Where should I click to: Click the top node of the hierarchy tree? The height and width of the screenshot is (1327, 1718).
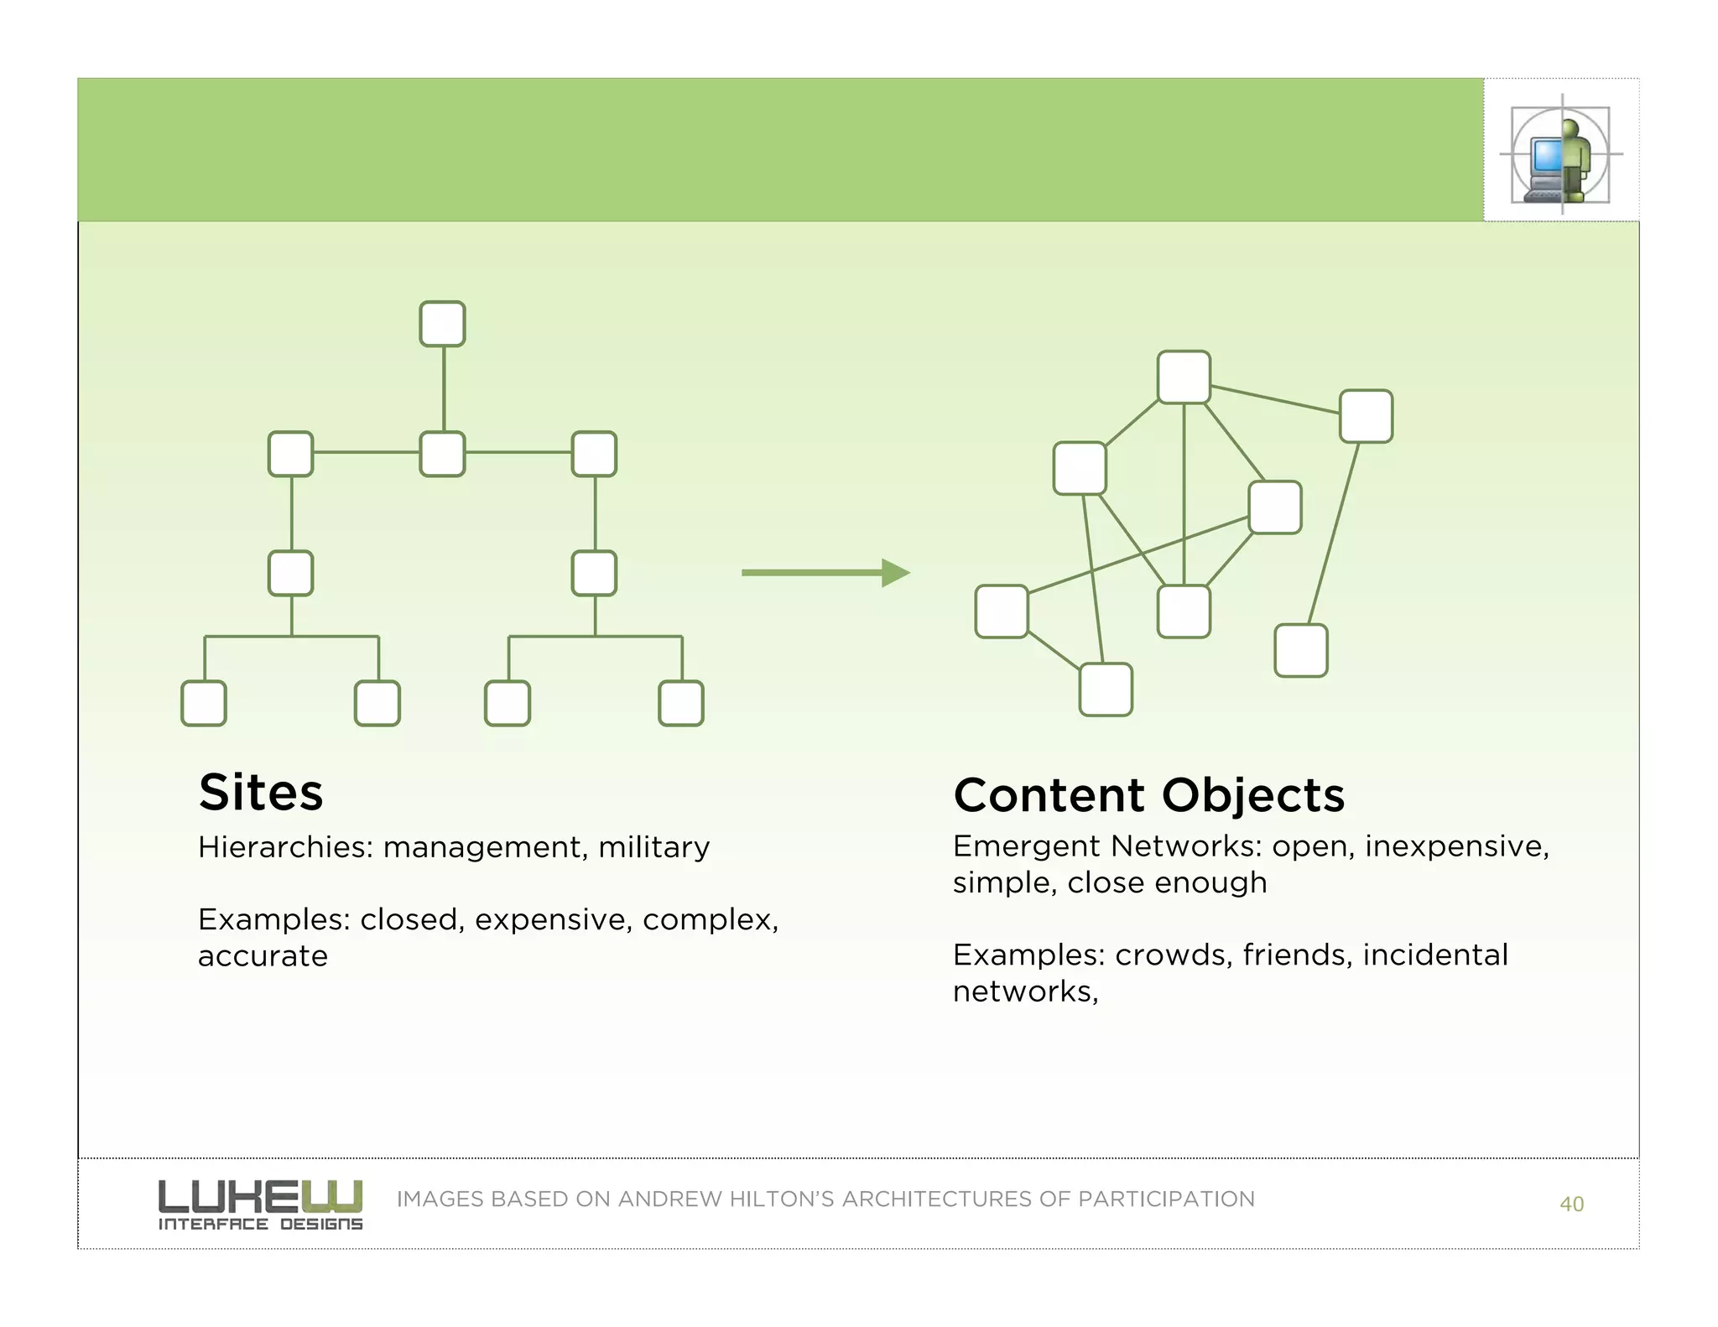point(442,324)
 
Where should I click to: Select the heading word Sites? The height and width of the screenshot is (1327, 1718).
point(261,792)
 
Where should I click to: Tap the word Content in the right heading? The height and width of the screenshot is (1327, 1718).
point(1049,795)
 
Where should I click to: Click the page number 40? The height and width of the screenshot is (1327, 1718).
point(1571,1205)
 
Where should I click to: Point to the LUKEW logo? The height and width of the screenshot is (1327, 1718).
point(260,1205)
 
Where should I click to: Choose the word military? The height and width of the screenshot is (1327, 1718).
point(653,847)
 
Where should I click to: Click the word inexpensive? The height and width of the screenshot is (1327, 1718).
point(1456,846)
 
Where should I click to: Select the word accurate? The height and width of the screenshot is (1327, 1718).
point(263,956)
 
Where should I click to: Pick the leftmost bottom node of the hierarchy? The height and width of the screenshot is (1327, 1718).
point(204,703)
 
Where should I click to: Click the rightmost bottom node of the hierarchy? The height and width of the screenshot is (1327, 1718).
point(680,703)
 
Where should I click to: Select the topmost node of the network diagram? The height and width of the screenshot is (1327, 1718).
point(1184,377)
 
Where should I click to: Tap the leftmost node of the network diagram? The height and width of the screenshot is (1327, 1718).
point(1002,611)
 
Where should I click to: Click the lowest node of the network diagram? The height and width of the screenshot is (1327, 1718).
point(1106,690)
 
